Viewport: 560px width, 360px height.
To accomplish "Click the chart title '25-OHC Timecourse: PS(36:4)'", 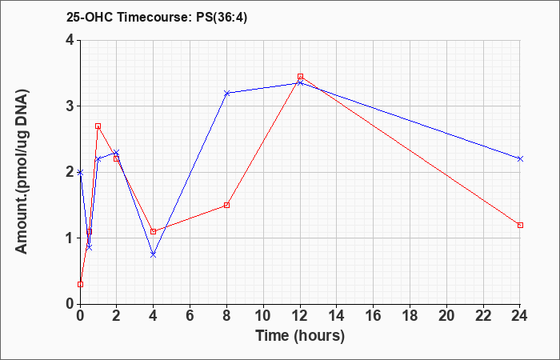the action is (157, 17).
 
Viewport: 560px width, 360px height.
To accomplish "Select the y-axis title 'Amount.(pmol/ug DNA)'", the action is (22, 172).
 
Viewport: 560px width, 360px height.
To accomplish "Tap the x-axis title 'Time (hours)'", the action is (300, 336).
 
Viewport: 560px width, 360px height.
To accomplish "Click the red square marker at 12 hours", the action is (300, 77).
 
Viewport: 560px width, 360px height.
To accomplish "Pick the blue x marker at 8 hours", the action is (226, 93).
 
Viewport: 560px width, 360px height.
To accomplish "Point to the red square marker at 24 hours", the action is (520, 225).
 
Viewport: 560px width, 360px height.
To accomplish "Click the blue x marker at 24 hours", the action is (520, 158).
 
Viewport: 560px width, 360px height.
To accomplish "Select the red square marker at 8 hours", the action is (226, 205).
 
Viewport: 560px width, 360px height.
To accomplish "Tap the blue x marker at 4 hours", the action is (154, 254).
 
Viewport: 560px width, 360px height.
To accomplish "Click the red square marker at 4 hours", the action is (154, 231).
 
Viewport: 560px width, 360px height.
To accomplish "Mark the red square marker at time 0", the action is (80, 284).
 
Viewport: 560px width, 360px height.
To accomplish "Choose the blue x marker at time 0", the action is (80, 172).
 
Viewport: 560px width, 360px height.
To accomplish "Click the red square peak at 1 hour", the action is (98, 126).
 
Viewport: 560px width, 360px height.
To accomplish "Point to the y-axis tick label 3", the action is (70, 106).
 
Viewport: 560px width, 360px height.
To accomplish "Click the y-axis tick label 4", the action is (70, 40).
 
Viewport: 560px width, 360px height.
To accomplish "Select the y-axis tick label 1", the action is (70, 238).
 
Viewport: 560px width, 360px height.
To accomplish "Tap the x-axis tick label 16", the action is (374, 316).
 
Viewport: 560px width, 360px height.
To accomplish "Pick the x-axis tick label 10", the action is (263, 316).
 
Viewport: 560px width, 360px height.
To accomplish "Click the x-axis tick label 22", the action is (483, 316).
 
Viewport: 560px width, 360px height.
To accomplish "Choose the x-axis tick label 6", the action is (190, 316).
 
